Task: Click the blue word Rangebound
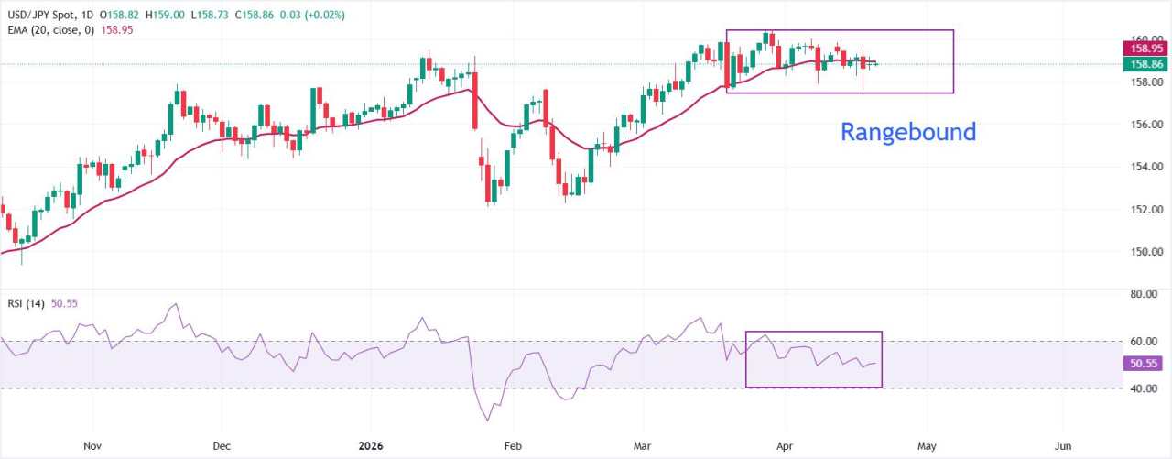tap(908, 132)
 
